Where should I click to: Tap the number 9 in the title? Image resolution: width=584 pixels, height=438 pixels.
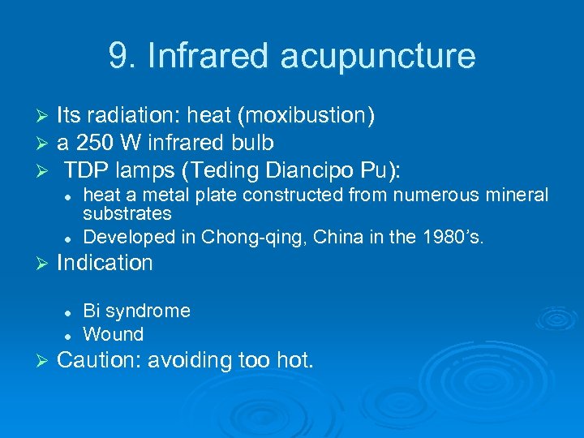(x=118, y=57)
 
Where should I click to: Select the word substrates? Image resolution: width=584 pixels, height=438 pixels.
(x=127, y=214)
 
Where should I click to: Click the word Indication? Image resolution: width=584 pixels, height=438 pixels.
(x=105, y=263)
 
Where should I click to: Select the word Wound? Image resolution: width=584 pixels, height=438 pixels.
(x=113, y=334)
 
